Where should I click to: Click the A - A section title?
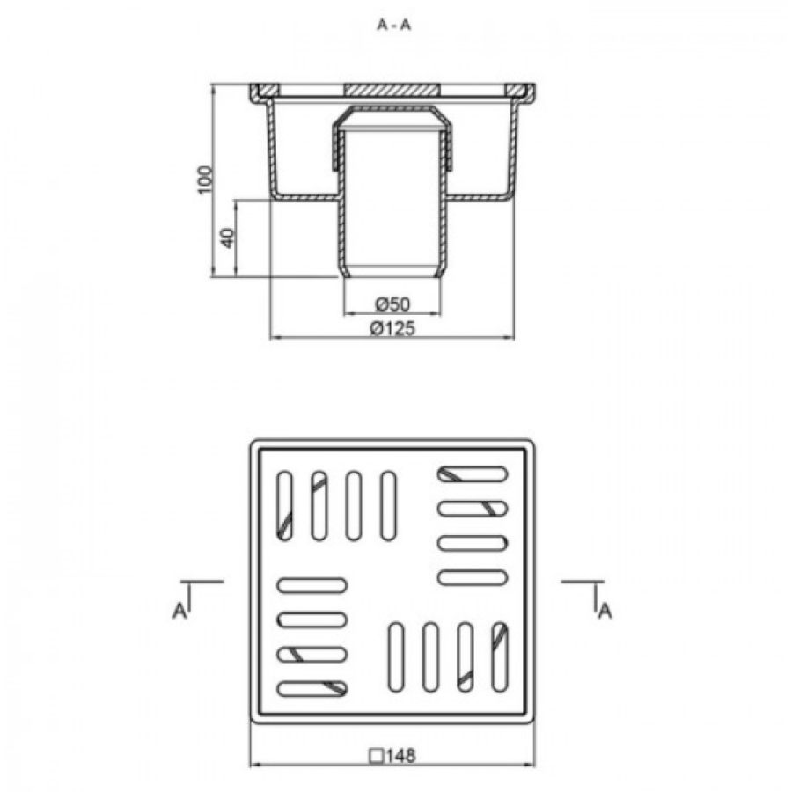pos(393,25)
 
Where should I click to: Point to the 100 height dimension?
pos(205,180)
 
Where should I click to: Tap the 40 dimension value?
pos(228,238)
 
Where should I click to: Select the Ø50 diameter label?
pos(392,304)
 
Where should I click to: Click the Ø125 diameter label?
pos(392,328)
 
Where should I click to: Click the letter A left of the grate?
pos(180,612)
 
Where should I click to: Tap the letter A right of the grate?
pos(605,612)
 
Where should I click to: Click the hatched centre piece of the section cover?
pos(392,90)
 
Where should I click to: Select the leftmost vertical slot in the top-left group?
pos(285,506)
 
